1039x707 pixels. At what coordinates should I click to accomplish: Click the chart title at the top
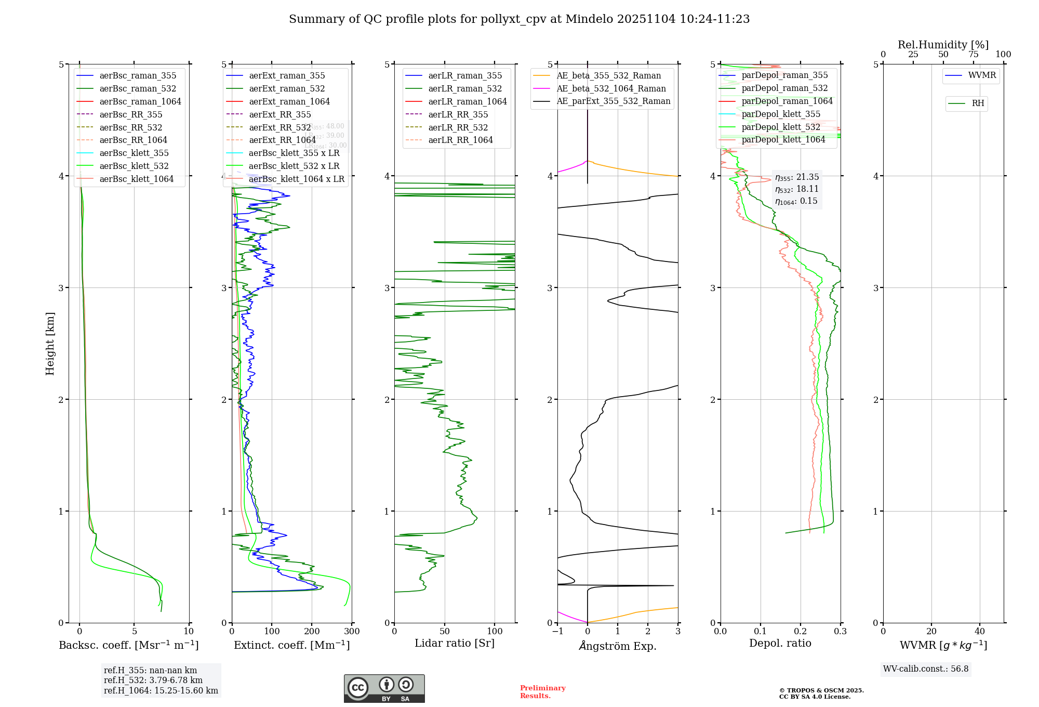coord(519,19)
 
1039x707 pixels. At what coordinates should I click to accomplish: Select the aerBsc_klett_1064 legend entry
coord(136,179)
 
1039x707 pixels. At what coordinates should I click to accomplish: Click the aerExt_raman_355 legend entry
coord(287,76)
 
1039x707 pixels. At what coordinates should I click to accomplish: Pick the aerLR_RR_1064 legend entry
coord(460,140)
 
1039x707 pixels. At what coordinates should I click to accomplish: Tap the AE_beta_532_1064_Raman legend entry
coord(611,88)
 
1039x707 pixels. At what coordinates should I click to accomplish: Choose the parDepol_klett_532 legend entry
coord(781,127)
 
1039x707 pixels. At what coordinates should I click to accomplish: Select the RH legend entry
coord(978,103)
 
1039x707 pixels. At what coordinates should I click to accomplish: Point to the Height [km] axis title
coord(50,344)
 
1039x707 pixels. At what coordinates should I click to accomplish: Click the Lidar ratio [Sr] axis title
coord(455,643)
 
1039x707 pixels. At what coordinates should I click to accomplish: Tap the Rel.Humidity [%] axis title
coord(943,45)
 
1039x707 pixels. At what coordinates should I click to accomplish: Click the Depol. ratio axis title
coord(780,643)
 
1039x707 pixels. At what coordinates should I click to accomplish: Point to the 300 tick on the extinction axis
coord(352,632)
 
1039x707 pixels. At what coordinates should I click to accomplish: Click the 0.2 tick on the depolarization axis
coord(801,632)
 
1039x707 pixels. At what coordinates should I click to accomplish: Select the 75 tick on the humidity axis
coord(973,55)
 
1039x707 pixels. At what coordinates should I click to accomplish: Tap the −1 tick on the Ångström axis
coord(557,632)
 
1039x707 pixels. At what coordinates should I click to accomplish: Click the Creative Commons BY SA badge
coord(384,688)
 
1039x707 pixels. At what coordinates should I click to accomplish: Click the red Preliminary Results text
coord(542,691)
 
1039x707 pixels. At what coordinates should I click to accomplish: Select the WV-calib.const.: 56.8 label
coord(926,669)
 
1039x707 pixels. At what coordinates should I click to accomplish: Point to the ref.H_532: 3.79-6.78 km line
coord(153,680)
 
